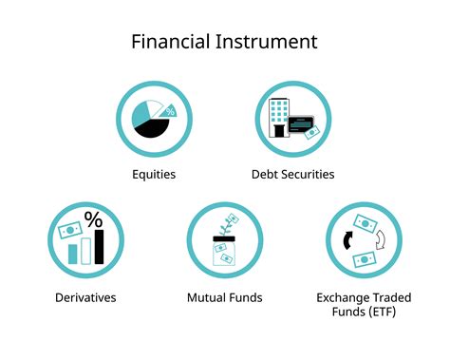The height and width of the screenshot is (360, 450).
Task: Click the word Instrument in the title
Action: [271, 42]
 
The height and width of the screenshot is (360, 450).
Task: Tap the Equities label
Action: [153, 174]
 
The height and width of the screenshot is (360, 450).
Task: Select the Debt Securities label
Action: [292, 174]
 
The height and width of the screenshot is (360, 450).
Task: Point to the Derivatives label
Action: [85, 297]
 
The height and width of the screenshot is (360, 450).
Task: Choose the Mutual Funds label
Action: [224, 297]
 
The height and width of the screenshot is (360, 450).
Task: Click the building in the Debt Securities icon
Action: [279, 117]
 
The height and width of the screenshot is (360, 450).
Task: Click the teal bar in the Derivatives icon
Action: [72, 254]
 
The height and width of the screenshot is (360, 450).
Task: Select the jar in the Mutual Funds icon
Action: [224, 255]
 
